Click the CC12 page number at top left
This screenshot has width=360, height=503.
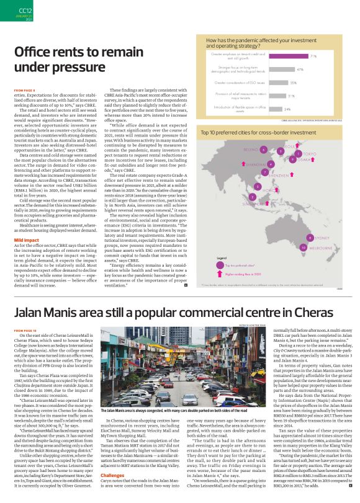25,9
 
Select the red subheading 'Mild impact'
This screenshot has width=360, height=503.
27,222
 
